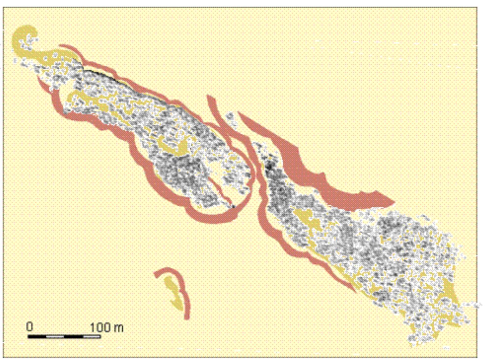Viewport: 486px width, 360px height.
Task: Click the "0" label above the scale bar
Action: (x=29, y=327)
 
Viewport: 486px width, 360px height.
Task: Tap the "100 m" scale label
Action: (x=107, y=328)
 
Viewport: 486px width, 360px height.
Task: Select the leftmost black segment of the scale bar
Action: (x=37, y=337)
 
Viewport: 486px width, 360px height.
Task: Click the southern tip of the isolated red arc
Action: (x=187, y=317)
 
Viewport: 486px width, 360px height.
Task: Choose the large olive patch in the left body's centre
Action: (x=174, y=147)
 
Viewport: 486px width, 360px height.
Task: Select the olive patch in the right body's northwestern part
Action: (x=308, y=218)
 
